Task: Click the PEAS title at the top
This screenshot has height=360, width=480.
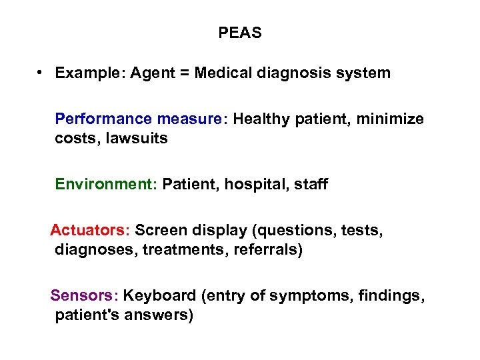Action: coord(240,33)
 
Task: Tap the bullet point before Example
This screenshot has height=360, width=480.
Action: coord(41,72)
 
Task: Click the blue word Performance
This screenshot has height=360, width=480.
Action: coord(103,119)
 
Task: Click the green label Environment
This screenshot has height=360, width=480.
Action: coord(105,184)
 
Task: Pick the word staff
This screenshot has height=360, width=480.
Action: coord(309,184)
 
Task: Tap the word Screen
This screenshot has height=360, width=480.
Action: coord(161,231)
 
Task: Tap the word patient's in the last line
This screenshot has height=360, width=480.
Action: coord(84,315)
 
